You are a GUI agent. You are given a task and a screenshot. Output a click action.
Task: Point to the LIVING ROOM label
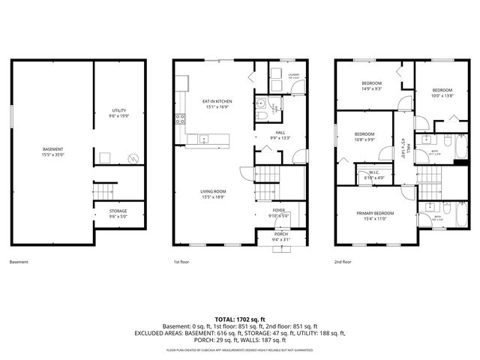(214, 193)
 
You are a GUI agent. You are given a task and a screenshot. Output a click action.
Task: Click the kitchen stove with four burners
(180, 118)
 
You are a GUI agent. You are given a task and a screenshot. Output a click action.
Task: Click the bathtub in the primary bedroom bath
(463, 217)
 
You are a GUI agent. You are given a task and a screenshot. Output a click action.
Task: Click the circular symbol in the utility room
(133, 158)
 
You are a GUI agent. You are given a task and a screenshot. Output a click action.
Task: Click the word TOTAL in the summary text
(225, 318)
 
